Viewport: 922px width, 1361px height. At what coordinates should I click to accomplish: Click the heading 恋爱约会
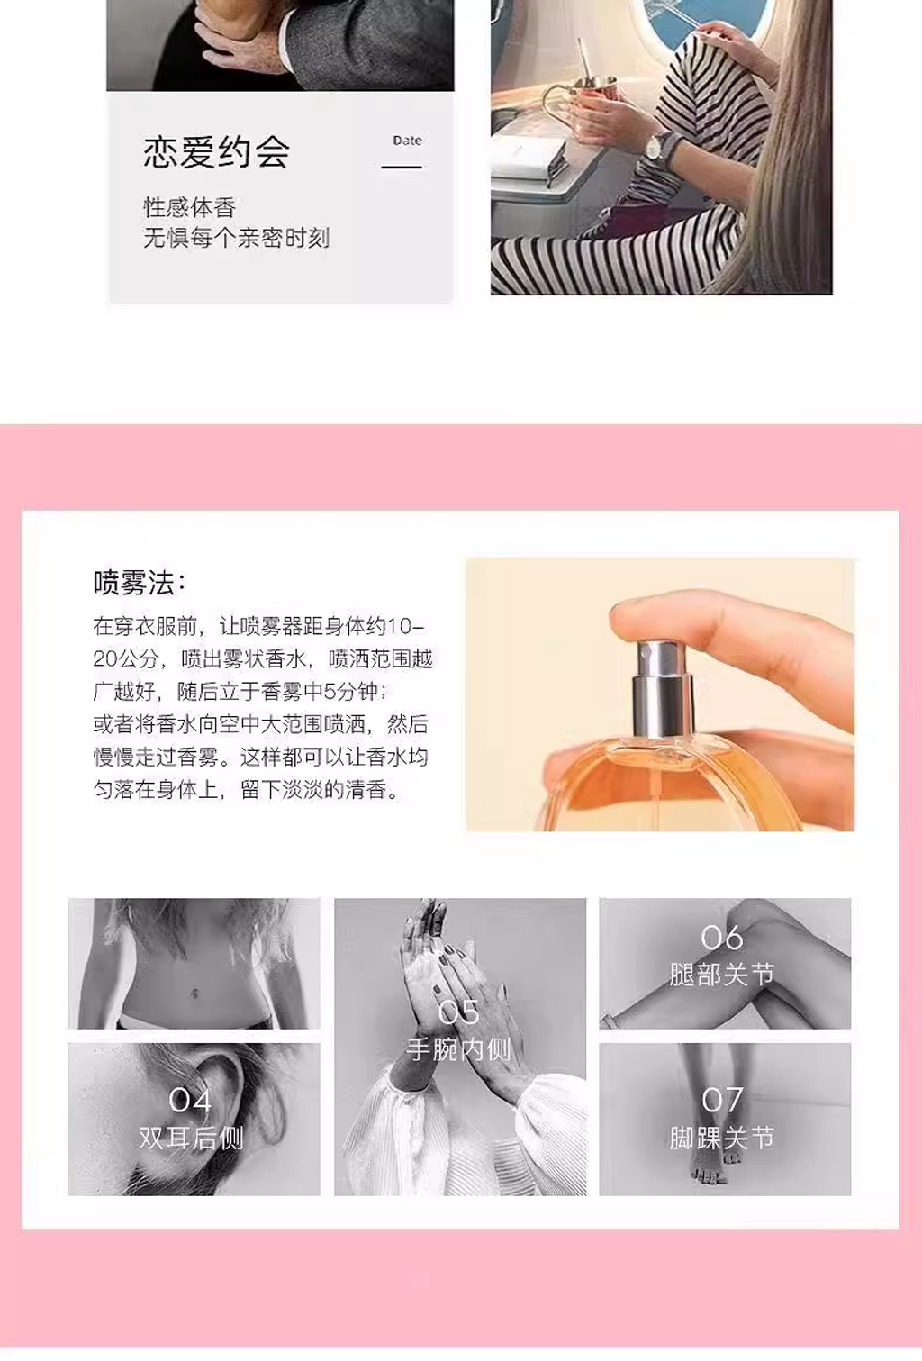coord(216,151)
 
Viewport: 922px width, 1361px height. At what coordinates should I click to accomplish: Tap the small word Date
coord(407,141)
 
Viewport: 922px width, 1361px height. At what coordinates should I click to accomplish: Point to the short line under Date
coord(402,167)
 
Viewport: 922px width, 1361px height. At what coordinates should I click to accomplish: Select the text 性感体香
coord(189,207)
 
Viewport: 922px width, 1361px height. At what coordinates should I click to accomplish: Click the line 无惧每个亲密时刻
coord(236,238)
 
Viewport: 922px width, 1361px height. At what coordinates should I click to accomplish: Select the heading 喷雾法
coord(139,583)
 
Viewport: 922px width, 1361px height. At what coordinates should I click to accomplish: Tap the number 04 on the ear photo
coord(190,1100)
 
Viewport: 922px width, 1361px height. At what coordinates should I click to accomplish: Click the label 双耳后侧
coord(191,1138)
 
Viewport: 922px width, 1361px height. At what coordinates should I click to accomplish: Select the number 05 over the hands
coord(459,1012)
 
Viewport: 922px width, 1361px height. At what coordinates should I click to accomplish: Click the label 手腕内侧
coord(458,1049)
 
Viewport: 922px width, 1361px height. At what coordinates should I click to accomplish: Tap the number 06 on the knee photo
coord(722,938)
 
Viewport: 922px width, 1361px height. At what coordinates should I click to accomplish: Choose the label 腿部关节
coord(722,975)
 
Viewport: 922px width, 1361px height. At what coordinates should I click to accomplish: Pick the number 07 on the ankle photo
coord(722,1099)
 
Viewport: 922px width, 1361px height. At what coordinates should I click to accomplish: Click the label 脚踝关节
coord(722,1138)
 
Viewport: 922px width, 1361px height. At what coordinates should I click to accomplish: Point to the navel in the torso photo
coord(194,993)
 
